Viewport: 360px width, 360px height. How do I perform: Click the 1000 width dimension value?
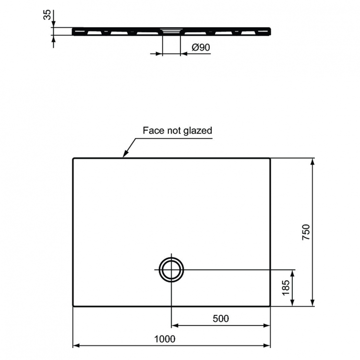pos(165,338)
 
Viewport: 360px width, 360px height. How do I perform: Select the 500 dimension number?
pos(220,318)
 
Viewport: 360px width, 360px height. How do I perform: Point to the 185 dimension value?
pos(286,288)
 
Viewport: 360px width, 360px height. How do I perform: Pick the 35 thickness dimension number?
pos(47,15)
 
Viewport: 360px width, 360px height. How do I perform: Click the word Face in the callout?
pos(152,130)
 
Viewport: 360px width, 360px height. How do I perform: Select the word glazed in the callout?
pos(197,131)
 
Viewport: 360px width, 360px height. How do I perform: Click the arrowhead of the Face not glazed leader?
pos(124,156)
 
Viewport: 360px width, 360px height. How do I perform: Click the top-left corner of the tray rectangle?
pos(73,158)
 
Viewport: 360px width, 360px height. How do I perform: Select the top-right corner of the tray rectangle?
pos(270,158)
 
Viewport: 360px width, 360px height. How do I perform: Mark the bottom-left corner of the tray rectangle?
pos(73,306)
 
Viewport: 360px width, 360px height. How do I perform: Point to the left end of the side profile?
pos(73,31)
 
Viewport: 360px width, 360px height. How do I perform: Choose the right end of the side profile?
pos(270,31)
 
